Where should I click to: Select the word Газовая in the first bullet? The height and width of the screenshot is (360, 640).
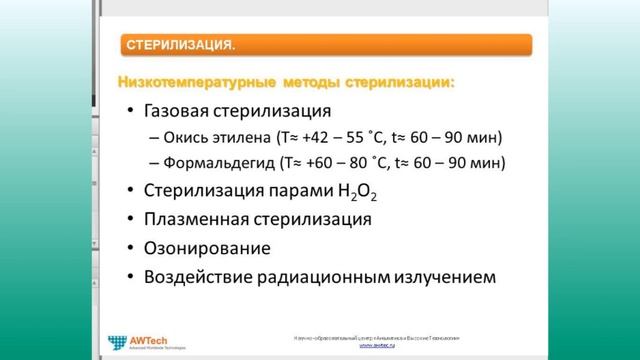185,111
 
